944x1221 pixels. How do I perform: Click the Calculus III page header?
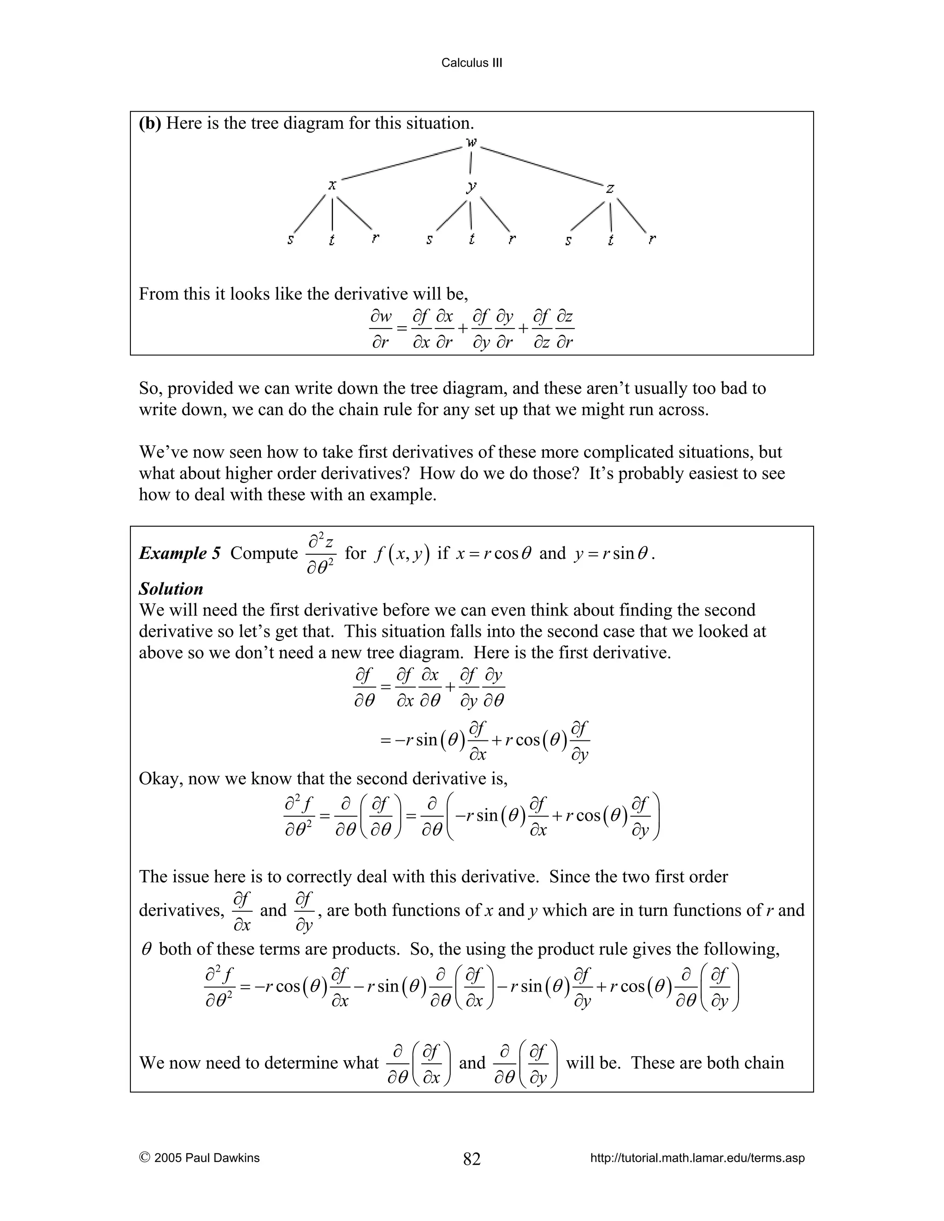(472, 63)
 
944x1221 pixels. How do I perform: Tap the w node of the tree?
(472, 143)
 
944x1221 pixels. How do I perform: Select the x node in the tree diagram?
(332, 185)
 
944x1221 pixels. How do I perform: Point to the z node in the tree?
(610, 189)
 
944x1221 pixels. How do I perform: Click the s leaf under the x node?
(291, 240)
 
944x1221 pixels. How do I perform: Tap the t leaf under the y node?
(472, 239)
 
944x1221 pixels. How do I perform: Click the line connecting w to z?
(541, 166)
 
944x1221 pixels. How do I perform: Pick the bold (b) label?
(150, 123)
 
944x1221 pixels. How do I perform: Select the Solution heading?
(171, 589)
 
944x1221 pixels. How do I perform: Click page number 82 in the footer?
(472, 1159)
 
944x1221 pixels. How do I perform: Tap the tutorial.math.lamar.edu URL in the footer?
(697, 1158)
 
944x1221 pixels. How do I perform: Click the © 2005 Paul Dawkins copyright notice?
(199, 1158)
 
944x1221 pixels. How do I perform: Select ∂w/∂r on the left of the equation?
(381, 329)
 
